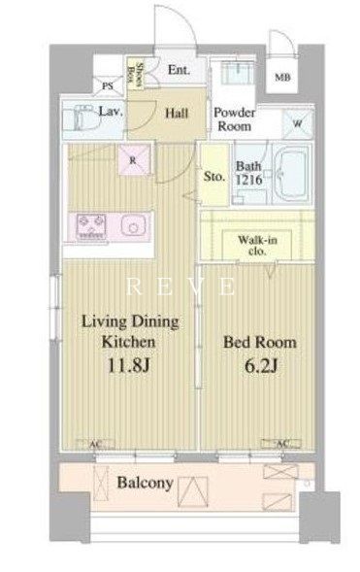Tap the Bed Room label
[x=260, y=343]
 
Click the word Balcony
[x=146, y=483]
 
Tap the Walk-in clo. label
[x=259, y=246]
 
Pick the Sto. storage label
[x=214, y=177]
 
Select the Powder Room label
[x=233, y=118]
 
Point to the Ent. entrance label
[x=178, y=70]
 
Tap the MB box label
[x=281, y=77]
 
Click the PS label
[x=108, y=84]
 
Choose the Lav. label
[x=110, y=113]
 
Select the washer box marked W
[x=295, y=123]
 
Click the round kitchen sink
[x=130, y=226]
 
